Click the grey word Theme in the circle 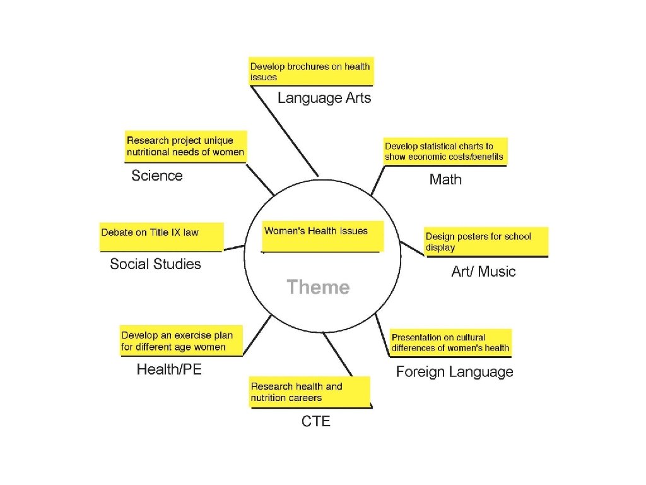[318, 287]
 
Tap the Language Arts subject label [324, 98]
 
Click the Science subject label [157, 176]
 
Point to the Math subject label [445, 179]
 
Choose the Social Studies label [155, 264]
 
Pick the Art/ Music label [483, 272]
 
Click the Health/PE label [169, 370]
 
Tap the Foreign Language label [454, 372]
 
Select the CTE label [315, 421]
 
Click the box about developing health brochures [311, 71]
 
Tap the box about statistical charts [445, 152]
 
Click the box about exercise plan [181, 341]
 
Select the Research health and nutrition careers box [309, 392]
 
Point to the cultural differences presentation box [450, 342]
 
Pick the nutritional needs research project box [185, 147]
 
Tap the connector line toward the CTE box [338, 356]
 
